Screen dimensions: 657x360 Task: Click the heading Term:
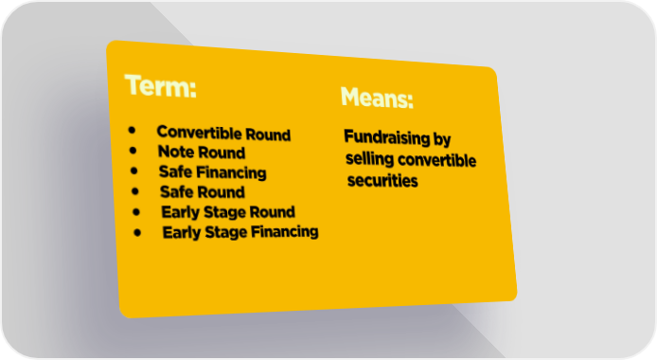point(161,86)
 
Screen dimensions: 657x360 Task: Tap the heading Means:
point(377,98)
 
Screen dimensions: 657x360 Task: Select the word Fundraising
point(387,137)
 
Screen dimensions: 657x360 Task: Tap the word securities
point(382,181)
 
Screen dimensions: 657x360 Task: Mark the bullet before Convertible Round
point(132,131)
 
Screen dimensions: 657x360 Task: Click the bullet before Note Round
point(133,151)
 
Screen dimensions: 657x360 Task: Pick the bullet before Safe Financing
point(134,171)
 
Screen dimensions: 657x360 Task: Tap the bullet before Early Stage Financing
point(137,232)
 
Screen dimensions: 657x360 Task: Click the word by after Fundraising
point(442,139)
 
